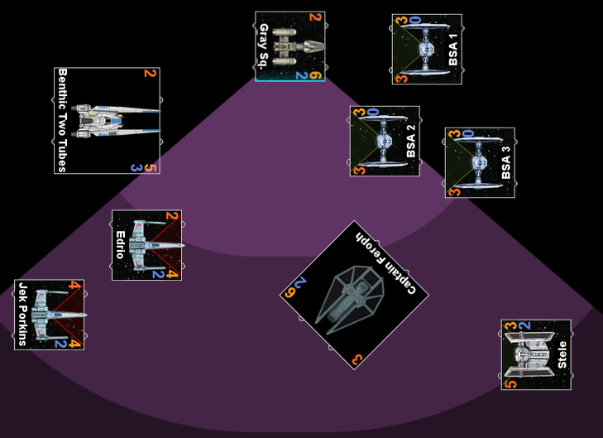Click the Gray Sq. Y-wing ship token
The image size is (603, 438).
pyautogui.click(x=290, y=46)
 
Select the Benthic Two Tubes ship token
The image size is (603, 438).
pyautogui.click(x=107, y=121)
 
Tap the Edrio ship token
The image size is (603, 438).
pyautogui.click(x=146, y=245)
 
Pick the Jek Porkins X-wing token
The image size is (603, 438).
pyautogui.click(x=49, y=315)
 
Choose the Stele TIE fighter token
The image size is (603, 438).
pyautogui.click(x=536, y=354)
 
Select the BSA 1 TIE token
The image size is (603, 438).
pyautogui.click(x=427, y=49)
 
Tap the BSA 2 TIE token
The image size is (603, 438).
pyautogui.click(x=385, y=141)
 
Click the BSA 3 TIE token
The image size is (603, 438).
pyautogui.click(x=480, y=162)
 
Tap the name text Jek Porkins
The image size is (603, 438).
pyautogui.click(x=22, y=315)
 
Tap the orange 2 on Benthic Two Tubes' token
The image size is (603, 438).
pyautogui.click(x=150, y=74)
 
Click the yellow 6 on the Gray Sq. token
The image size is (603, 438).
pyautogui.click(x=316, y=76)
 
